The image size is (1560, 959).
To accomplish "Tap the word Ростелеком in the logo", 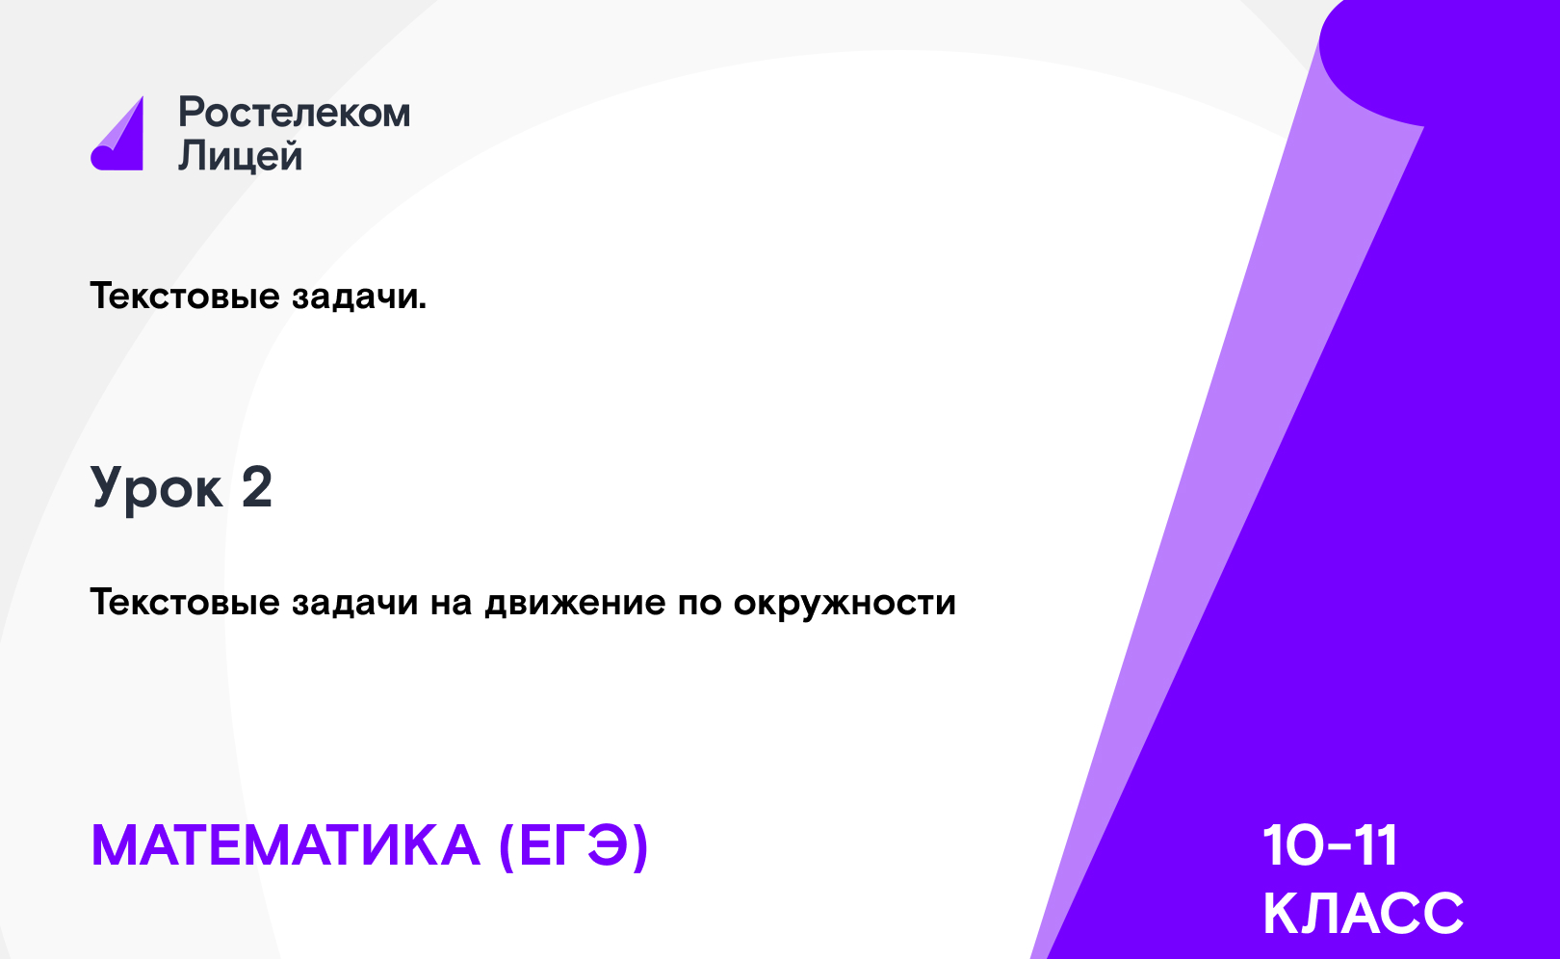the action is point(295,113).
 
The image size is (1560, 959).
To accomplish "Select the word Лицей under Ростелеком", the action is point(241,155).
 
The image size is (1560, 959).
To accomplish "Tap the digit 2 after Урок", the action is point(257,487).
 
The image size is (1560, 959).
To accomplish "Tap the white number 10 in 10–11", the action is point(1294,846).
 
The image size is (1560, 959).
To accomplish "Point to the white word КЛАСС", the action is point(1363,913).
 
